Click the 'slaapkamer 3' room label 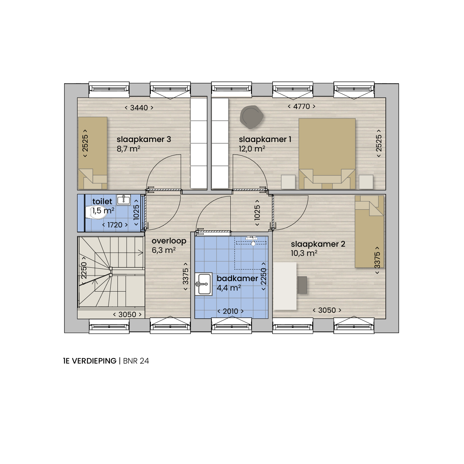coord(144,139)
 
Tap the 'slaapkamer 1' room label coord(265,139)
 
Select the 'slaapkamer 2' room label coord(318,244)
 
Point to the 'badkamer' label coord(237,278)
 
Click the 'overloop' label coord(169,241)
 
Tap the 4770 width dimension coord(301,106)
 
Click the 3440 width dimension coord(139,108)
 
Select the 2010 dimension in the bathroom coord(230,311)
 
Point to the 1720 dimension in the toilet coord(115,225)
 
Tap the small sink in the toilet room coord(123,200)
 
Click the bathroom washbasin coord(204,284)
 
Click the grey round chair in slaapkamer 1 coord(251,117)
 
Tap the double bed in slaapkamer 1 coord(327,153)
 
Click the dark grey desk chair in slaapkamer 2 coord(302,285)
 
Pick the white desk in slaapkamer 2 coord(285,286)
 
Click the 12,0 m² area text coord(252,149)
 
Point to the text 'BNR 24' coord(136,361)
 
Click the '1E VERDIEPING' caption coord(90,361)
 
